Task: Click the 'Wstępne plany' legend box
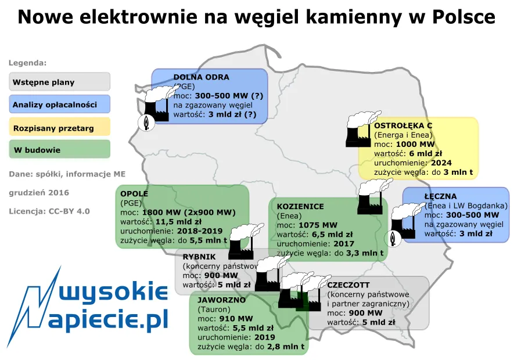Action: click(60, 82)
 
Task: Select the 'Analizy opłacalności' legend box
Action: click(60, 105)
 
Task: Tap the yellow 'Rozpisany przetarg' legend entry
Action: click(60, 127)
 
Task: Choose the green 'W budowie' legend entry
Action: click(60, 150)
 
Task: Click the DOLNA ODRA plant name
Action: click(201, 77)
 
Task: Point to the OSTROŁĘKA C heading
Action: click(403, 125)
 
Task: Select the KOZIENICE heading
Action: click(300, 206)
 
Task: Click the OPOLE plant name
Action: click(134, 193)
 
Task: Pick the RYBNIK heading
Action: click(199, 257)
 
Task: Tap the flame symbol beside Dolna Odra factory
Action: click(145, 122)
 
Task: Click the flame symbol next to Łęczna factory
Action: click(393, 238)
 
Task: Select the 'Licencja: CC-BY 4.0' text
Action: click(49, 211)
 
